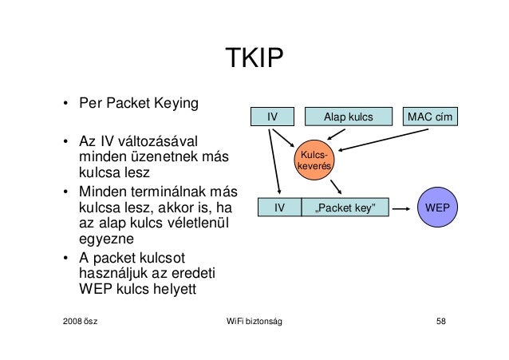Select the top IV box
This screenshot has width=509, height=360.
pos(272,117)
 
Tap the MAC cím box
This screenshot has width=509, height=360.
pos(430,117)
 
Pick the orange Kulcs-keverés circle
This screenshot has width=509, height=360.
pos(314,160)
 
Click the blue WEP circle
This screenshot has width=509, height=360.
pos(436,208)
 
